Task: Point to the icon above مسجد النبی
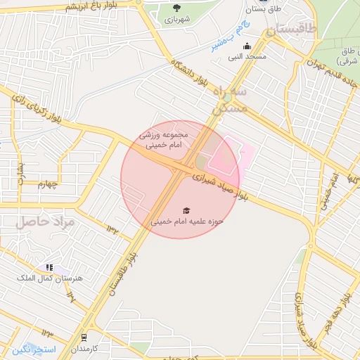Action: pos(247,47)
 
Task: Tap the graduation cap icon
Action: pos(186,210)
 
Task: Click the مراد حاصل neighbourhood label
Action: pos(41,221)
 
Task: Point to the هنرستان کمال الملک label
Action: pos(49,278)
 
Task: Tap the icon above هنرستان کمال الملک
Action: pos(49,267)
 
